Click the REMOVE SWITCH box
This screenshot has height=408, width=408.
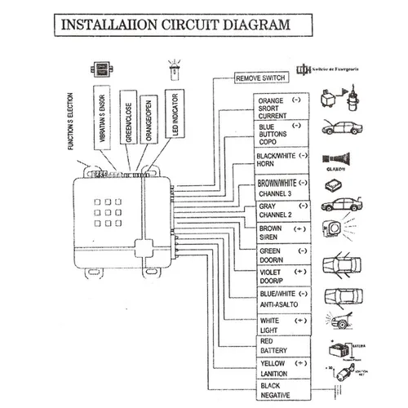tap(260, 79)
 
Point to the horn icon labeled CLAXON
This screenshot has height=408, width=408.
tap(336, 157)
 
